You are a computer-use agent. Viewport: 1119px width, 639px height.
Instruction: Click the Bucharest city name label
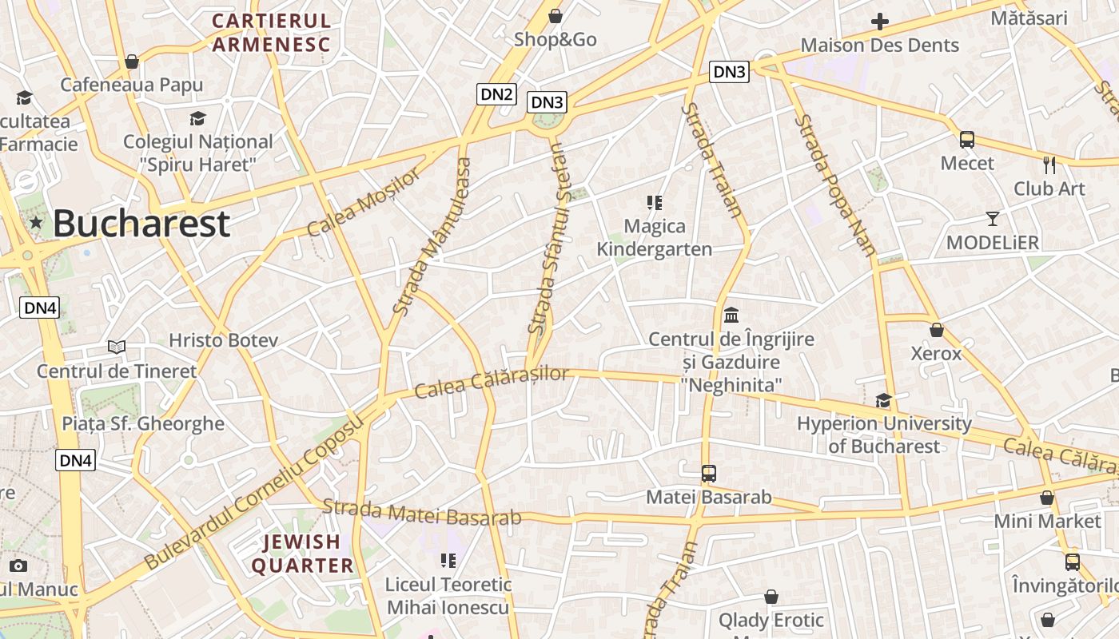[x=141, y=224]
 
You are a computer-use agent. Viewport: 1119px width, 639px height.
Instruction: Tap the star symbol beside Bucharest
[x=36, y=223]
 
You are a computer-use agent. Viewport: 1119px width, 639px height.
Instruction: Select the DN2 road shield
[x=496, y=93]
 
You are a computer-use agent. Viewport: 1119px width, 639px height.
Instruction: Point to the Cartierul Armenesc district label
[x=272, y=33]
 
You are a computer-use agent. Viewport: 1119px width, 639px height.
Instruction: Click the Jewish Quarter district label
[x=303, y=554]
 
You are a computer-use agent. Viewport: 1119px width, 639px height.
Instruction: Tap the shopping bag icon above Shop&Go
[x=556, y=16]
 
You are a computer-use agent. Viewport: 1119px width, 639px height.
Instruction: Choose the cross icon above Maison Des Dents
[x=880, y=22]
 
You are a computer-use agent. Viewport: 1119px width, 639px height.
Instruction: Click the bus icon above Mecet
[x=967, y=140]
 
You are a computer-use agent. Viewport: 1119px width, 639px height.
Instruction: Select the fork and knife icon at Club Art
[x=1049, y=165]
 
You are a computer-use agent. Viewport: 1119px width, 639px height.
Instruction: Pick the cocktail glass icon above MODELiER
[x=993, y=219]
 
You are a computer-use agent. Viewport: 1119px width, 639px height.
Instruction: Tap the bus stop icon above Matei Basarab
[x=709, y=474]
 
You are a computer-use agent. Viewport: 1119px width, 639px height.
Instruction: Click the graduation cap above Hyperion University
[x=883, y=400]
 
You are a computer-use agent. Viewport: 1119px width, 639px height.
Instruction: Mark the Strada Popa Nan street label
[x=836, y=185]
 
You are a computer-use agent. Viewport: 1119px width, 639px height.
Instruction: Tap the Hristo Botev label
[x=223, y=340]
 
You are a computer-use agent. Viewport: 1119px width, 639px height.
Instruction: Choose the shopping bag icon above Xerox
[x=937, y=330]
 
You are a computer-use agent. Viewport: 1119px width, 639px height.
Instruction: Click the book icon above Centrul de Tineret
[x=117, y=347]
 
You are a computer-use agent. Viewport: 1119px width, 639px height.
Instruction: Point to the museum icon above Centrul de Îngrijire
[x=731, y=316]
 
